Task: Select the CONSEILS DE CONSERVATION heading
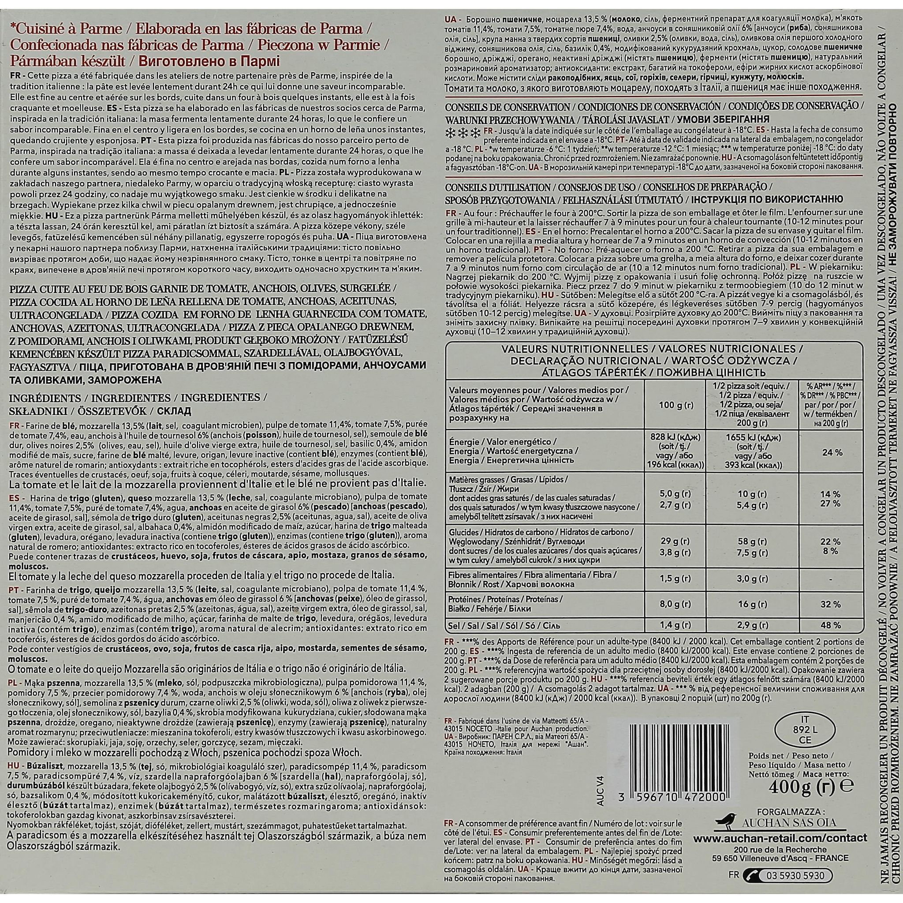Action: tap(507, 107)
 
